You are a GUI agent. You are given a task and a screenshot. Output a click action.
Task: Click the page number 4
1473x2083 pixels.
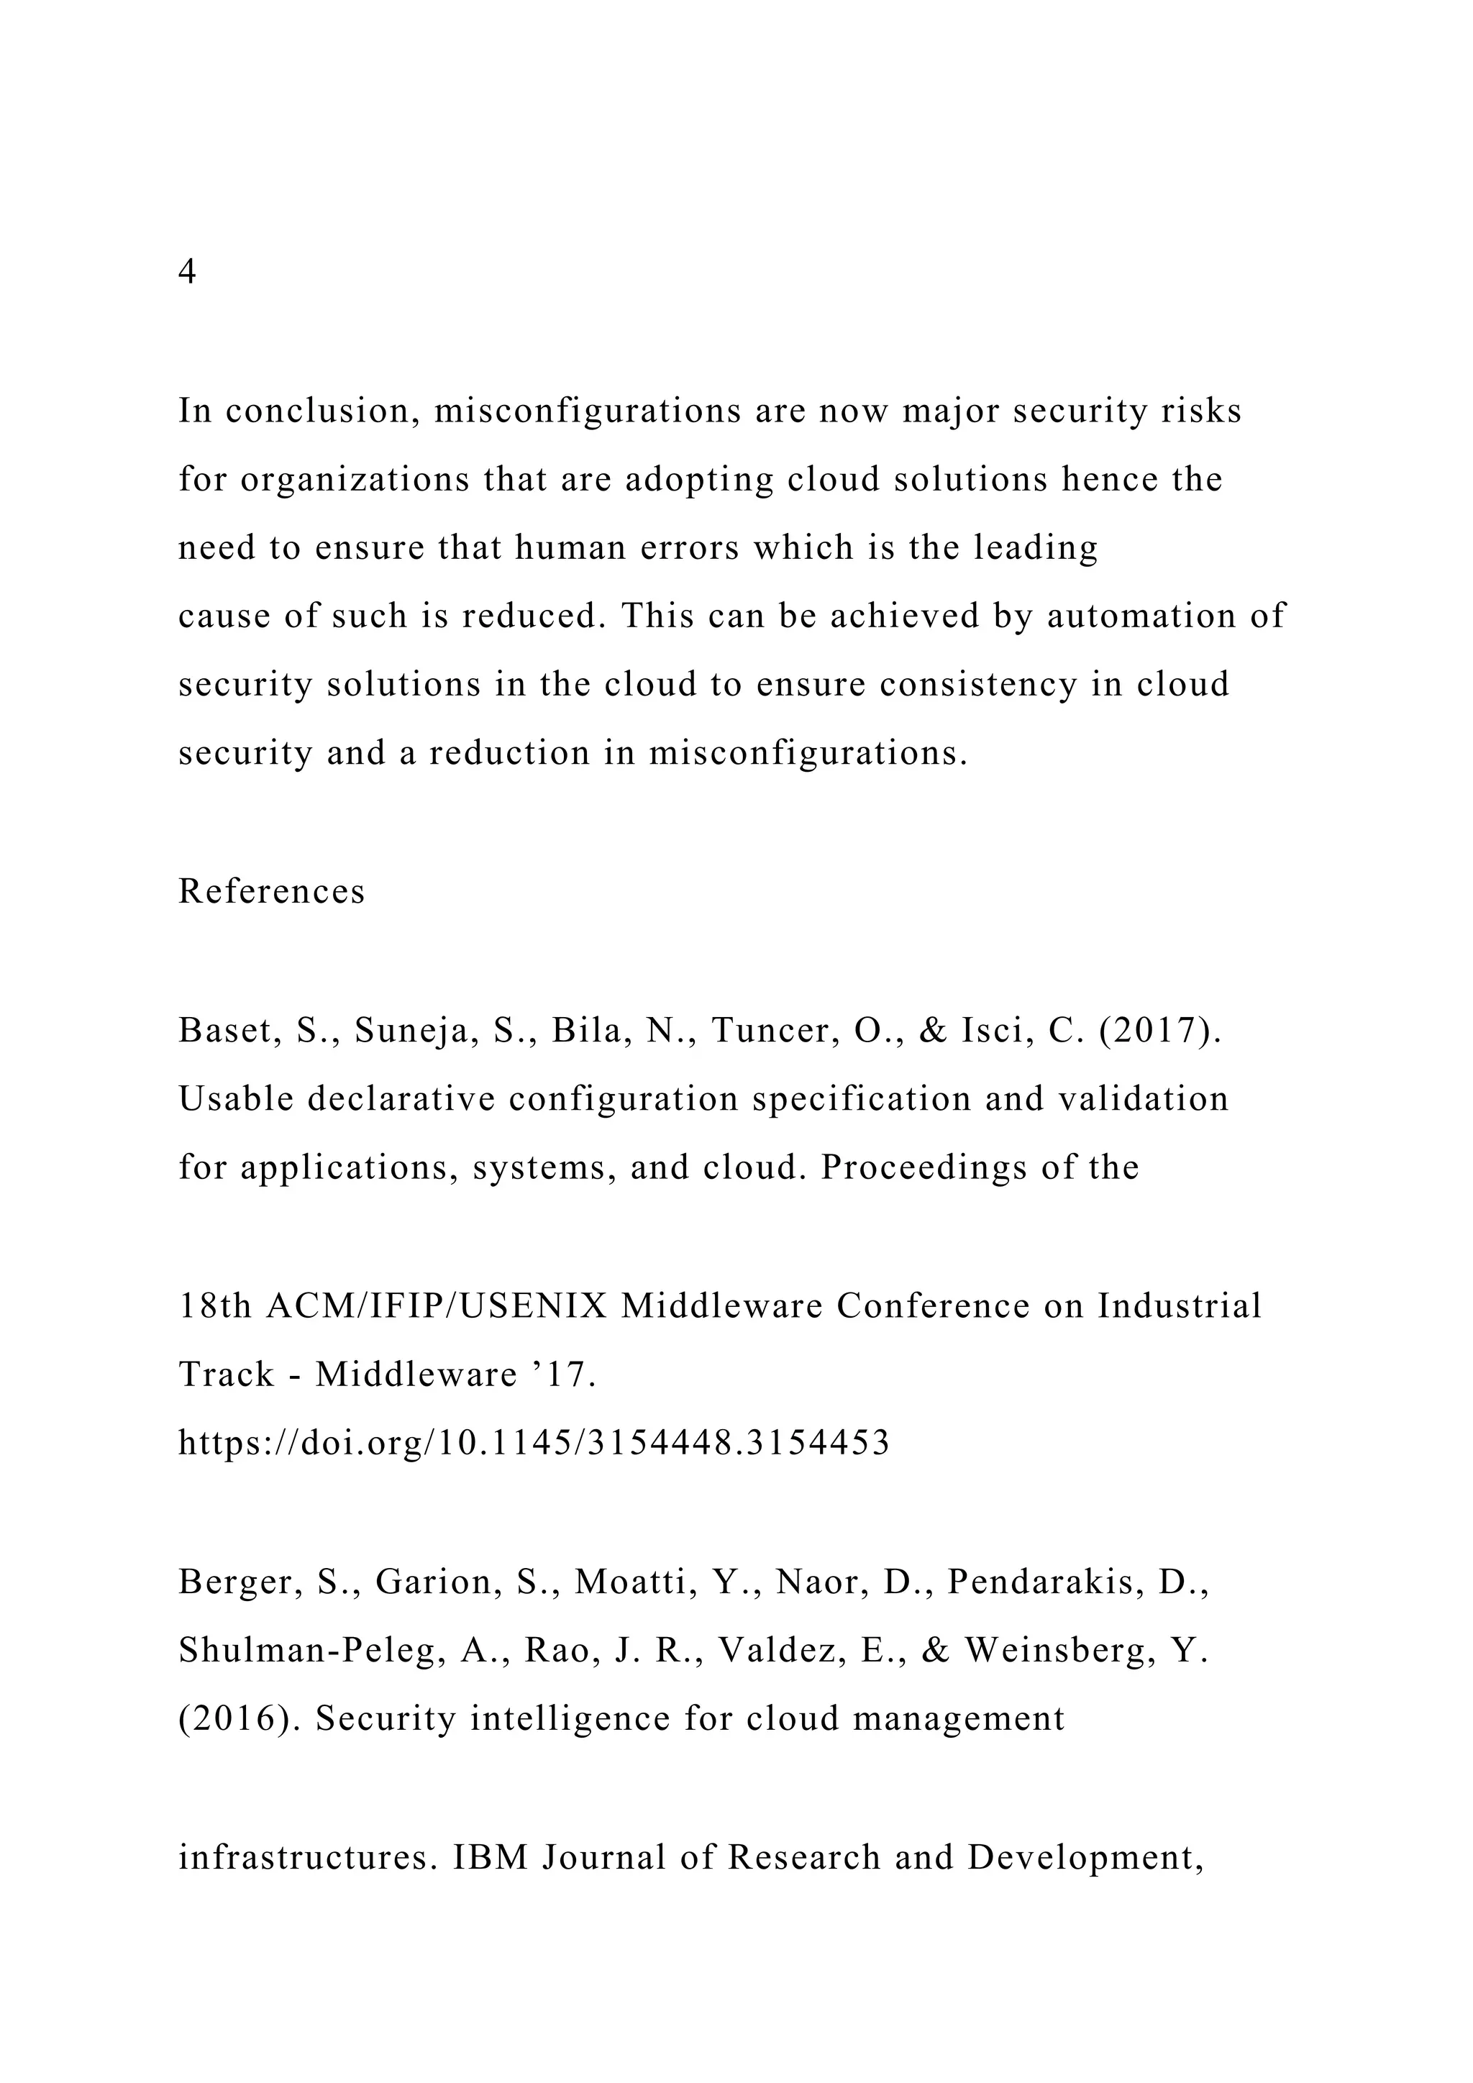pyautogui.click(x=187, y=271)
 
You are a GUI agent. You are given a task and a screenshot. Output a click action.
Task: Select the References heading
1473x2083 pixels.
pyautogui.click(x=271, y=892)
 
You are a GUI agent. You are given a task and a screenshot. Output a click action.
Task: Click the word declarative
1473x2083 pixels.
pyautogui.click(x=400, y=1098)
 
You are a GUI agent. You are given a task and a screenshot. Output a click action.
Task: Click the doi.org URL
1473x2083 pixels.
pyautogui.click(x=534, y=1443)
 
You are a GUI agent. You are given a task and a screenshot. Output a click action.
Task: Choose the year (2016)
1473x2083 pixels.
pyautogui.click(x=240, y=1718)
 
